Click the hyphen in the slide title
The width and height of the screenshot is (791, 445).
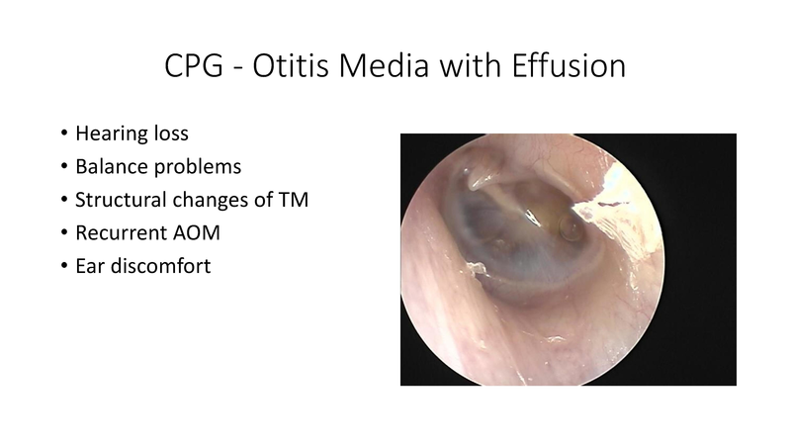point(228,66)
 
